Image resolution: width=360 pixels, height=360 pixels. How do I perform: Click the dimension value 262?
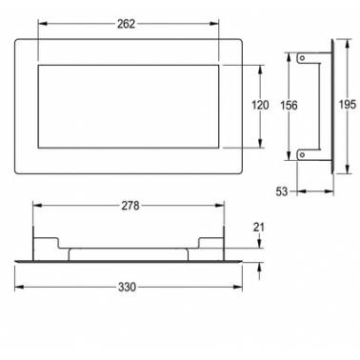point(126,24)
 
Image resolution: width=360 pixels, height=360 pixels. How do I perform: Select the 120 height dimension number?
point(260,105)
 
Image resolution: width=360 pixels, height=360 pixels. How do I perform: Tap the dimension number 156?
point(289,105)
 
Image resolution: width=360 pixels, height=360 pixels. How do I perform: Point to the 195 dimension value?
point(348,105)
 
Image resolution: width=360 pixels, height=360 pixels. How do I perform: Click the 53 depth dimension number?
point(282,191)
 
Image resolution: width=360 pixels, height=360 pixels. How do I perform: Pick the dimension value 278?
point(130,206)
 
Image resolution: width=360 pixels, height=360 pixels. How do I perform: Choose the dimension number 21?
point(259,228)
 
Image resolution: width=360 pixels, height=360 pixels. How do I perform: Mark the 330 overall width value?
point(128,287)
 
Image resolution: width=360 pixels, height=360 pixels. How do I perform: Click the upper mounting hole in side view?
point(303,58)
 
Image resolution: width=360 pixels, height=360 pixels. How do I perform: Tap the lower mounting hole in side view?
point(303,154)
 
